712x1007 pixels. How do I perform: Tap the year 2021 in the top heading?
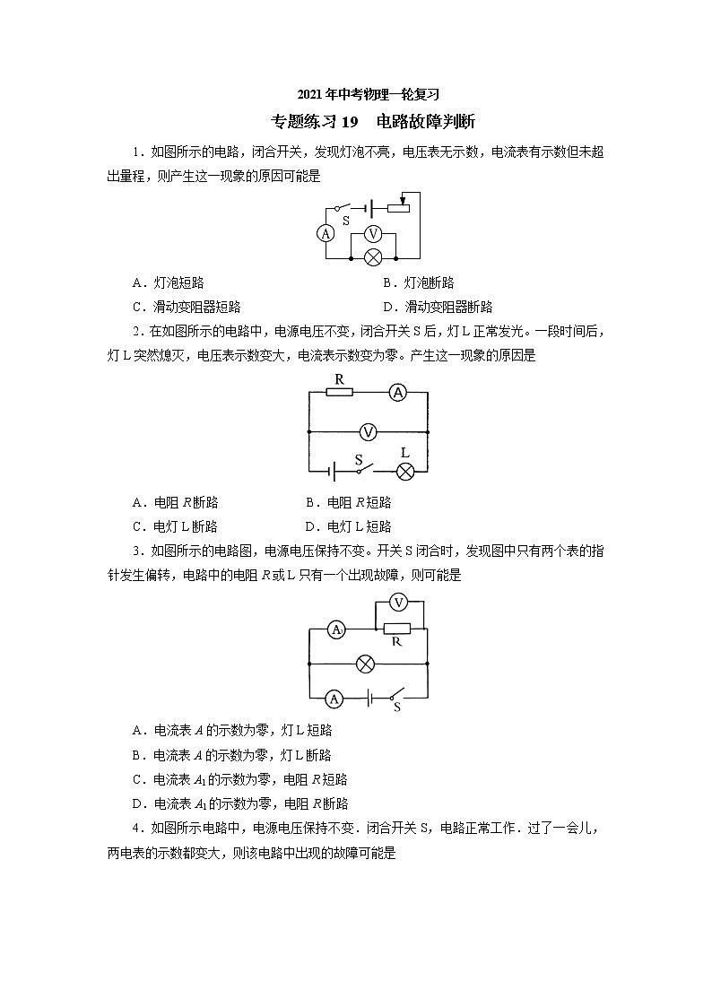pos(310,94)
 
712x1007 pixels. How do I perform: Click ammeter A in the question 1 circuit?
pos(326,233)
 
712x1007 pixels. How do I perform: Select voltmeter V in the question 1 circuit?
pos(377,233)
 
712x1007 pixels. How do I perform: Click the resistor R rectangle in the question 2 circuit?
pos(340,391)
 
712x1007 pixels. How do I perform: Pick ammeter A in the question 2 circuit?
pos(400,391)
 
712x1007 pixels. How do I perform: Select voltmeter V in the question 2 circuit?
pos(368,432)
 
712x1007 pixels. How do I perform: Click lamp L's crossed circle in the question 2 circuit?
pos(405,472)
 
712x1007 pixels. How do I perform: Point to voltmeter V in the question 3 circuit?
pos(400,602)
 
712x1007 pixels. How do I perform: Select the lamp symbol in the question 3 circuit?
pos(365,664)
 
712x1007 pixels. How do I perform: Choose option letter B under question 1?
pos(387,282)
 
